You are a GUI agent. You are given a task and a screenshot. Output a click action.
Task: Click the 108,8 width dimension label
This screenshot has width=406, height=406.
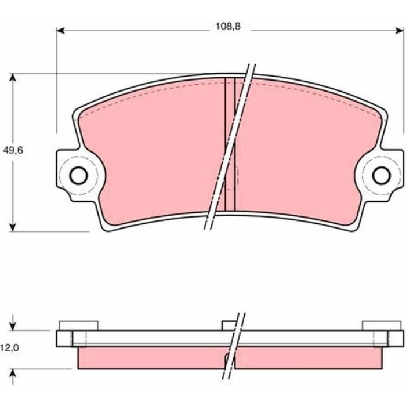228,26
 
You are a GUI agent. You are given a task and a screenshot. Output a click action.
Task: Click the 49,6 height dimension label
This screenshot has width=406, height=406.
13,150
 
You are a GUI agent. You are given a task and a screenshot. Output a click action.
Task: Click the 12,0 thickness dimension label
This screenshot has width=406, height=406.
9,348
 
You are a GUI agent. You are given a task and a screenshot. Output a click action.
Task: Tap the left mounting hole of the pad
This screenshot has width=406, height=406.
78,176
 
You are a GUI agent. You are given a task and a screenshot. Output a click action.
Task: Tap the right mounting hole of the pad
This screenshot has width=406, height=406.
382,176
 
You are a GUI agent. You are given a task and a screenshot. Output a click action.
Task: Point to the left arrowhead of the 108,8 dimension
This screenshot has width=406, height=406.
60,31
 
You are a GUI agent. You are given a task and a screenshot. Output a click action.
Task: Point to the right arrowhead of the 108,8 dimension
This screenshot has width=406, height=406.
400,31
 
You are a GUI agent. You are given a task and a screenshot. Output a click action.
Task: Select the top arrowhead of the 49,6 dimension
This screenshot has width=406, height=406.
13,77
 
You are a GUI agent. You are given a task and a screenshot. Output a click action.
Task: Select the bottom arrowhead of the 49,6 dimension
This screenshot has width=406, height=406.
13,227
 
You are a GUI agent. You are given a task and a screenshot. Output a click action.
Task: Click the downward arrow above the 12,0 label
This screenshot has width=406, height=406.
13,322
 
